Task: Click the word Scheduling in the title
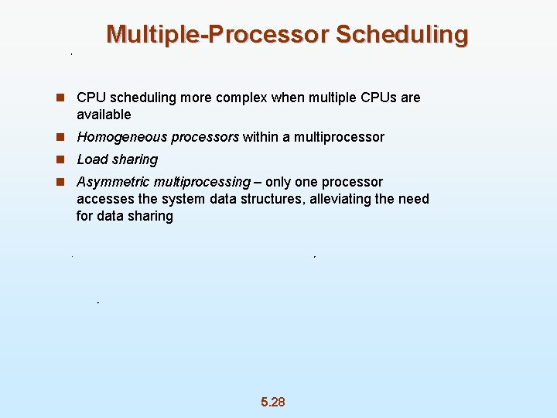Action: point(402,35)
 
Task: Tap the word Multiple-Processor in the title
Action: point(217,35)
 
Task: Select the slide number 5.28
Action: point(273,402)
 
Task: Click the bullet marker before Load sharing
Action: point(60,159)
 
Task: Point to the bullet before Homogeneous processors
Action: point(60,137)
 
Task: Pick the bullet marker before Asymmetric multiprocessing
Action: point(60,182)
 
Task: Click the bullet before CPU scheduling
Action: point(60,98)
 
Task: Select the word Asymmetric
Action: point(113,182)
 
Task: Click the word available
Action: point(104,115)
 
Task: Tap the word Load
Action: point(91,159)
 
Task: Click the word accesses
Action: point(105,199)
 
